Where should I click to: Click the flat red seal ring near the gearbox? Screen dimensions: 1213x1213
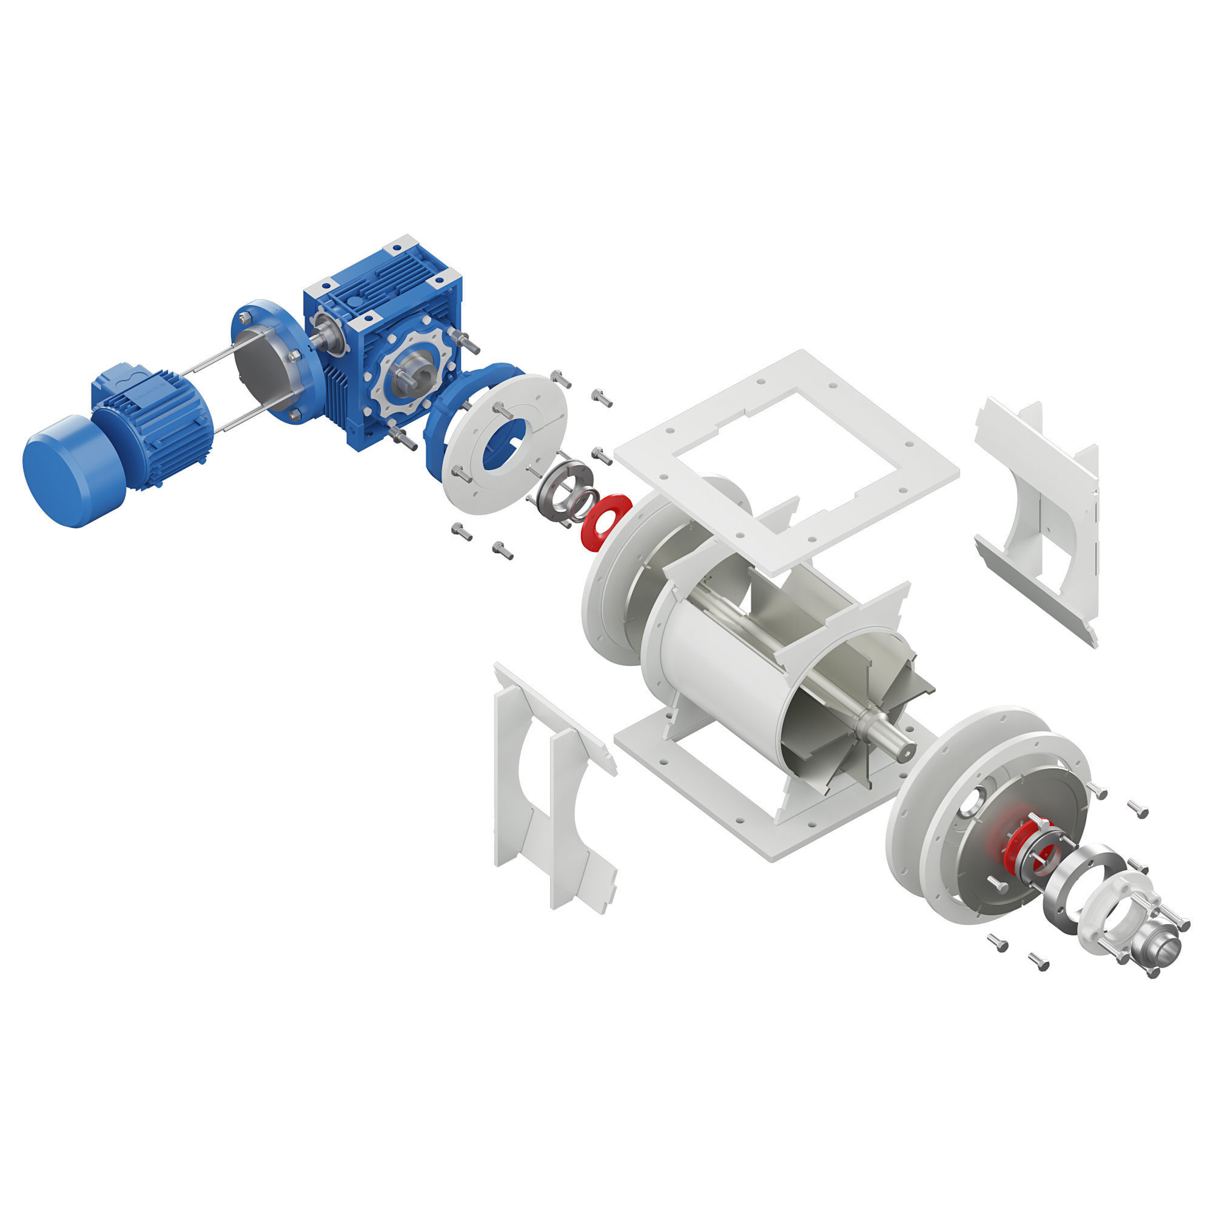605,522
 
